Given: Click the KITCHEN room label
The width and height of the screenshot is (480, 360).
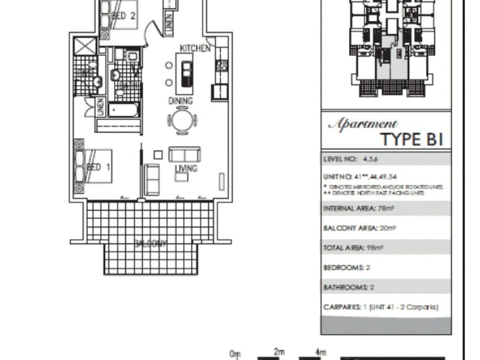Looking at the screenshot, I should click(x=195, y=48).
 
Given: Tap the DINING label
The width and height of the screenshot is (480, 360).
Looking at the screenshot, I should click(x=180, y=101).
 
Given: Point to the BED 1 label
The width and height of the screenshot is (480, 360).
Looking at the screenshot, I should click(x=98, y=167).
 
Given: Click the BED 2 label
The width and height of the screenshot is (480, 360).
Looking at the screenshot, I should click(x=124, y=16).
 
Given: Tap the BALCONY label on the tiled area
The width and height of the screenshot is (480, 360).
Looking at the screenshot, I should click(x=149, y=244).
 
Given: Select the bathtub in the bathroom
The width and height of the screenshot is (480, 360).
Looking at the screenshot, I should click(x=124, y=110).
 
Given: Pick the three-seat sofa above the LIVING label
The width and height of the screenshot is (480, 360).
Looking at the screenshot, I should click(x=184, y=154).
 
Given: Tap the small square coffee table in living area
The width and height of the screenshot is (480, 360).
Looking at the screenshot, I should click(x=158, y=155).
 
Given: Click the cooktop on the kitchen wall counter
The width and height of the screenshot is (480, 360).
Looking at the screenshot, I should click(x=221, y=65).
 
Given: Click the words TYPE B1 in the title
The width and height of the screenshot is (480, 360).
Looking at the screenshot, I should click(x=412, y=140).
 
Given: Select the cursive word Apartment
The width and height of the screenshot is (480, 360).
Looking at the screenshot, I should click(x=362, y=124).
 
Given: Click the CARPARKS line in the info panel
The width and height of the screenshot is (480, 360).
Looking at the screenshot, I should click(x=380, y=307).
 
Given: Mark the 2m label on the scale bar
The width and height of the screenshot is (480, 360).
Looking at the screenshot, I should click(x=279, y=352).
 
